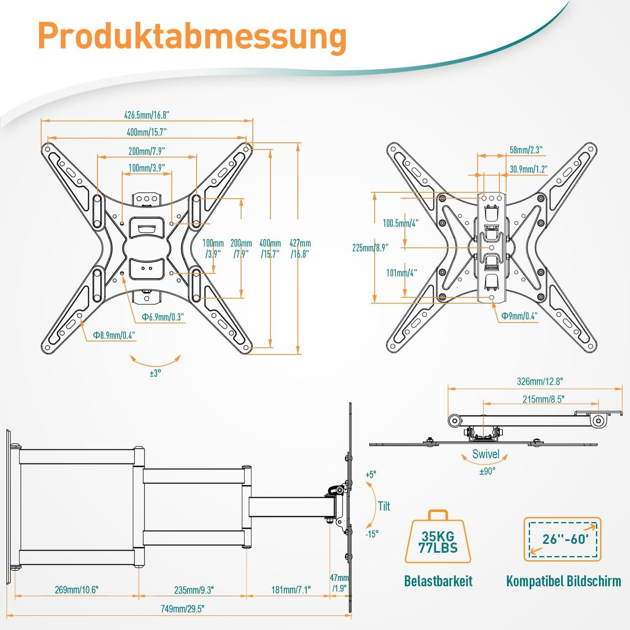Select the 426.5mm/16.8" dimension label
coord(147,115)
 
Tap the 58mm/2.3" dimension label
coord(526,150)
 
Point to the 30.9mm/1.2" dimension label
coord(528,169)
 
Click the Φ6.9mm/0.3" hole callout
coord(163,317)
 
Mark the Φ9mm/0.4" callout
coord(519,316)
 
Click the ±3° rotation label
coord(155,373)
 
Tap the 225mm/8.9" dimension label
coord(370,248)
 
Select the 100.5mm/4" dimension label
coord(400,223)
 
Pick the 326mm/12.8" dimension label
coord(540,381)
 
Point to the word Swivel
coord(486,454)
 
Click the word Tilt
coord(384,506)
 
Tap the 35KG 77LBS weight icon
coord(438,539)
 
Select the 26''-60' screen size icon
coord(562,539)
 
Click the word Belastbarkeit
coord(438,581)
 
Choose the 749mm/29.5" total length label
coord(183,609)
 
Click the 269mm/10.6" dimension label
coord(76,590)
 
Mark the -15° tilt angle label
coord(372,534)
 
